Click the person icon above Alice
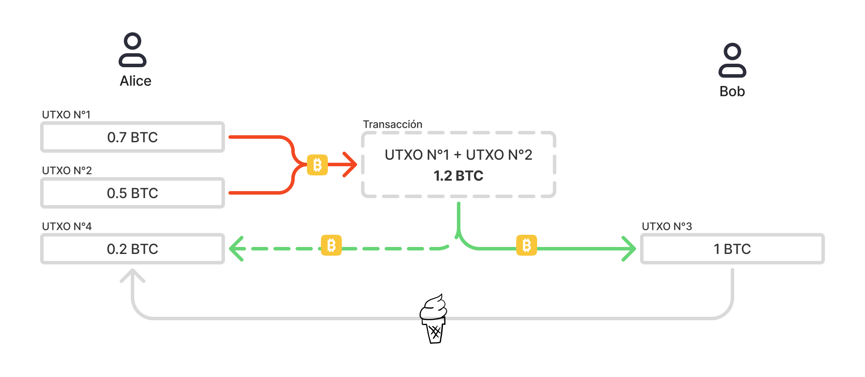click(133, 50)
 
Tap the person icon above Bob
click(732, 60)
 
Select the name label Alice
click(136, 81)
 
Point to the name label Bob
click(732, 92)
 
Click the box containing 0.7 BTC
click(133, 137)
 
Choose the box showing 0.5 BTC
click(133, 193)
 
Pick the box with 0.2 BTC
click(133, 249)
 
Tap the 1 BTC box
click(732, 249)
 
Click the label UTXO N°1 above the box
click(66, 115)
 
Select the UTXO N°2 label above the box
click(67, 171)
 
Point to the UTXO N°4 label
click(67, 226)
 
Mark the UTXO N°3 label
click(667, 226)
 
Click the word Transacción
click(393, 124)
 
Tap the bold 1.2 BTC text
click(459, 176)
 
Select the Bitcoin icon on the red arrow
click(317, 165)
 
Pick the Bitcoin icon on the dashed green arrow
click(331, 245)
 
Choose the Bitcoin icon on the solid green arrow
click(527, 245)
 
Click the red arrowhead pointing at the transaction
click(351, 165)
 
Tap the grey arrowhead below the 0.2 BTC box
click(133, 275)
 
